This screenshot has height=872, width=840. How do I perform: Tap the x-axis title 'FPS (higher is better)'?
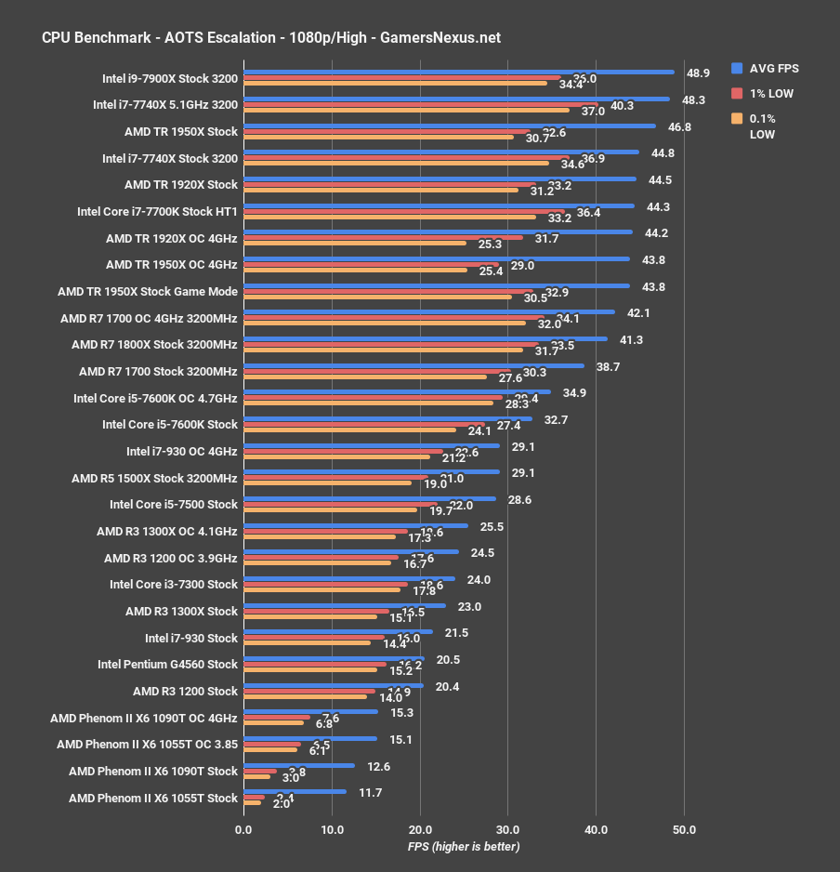[x=463, y=846]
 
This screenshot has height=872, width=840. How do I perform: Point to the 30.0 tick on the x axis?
[x=507, y=829]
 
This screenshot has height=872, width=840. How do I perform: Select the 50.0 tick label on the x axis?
[x=684, y=829]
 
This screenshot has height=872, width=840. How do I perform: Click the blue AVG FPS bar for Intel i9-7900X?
[x=458, y=72]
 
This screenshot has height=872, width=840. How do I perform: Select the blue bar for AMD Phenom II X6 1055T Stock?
[x=294, y=791]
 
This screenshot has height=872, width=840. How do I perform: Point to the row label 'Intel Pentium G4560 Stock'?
[x=167, y=665]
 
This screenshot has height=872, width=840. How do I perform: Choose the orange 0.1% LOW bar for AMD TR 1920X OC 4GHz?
[x=354, y=244]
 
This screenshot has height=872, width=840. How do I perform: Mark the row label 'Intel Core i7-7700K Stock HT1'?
[x=157, y=211]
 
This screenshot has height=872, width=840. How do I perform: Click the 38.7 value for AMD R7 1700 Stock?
[x=609, y=366]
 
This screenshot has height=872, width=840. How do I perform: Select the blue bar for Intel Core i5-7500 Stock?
[x=369, y=498]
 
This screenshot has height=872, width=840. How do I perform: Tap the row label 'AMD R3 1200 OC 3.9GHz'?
[x=171, y=558]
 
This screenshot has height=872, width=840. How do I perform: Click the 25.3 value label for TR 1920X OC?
[x=490, y=244]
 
